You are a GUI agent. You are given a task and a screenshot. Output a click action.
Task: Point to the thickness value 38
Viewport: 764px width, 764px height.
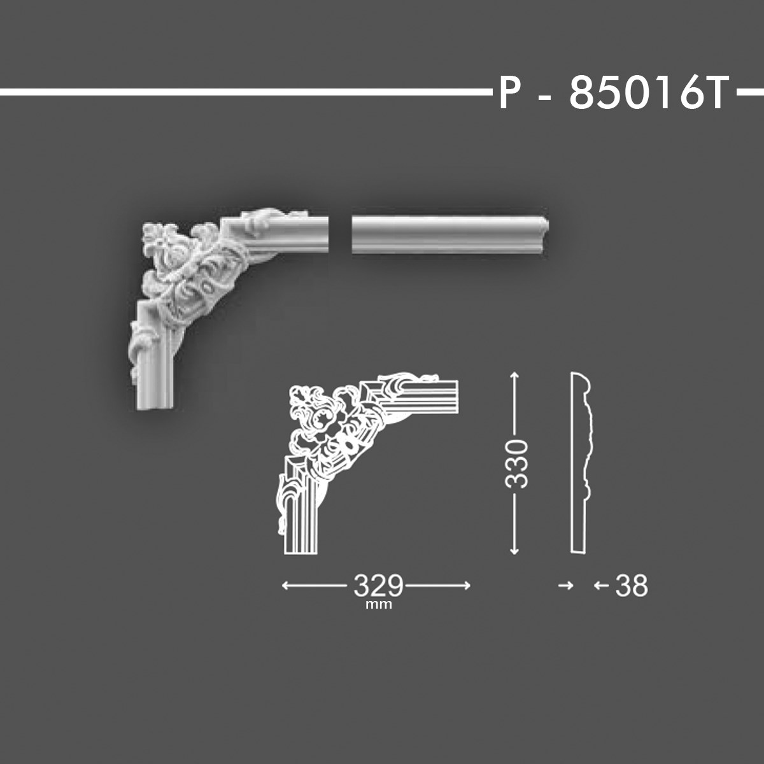[x=632, y=586]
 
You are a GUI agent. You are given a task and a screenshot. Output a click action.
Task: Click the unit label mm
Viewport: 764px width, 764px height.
[x=379, y=605]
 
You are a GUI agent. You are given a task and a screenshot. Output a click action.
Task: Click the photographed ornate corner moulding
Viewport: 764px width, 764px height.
[x=210, y=286]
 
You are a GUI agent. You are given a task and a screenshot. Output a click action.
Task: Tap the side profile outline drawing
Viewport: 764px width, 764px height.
[x=581, y=463]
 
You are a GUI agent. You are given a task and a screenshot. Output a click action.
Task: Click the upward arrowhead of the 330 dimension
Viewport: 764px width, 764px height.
[x=514, y=377]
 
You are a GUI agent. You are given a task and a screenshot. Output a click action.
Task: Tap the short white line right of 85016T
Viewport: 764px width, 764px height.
[x=749, y=93]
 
